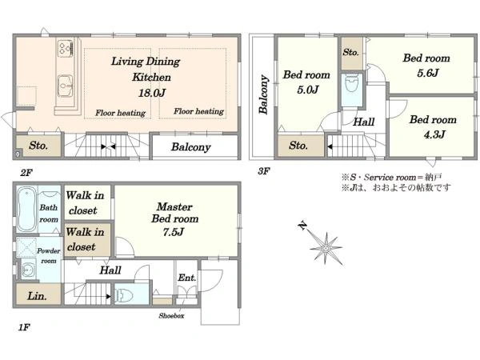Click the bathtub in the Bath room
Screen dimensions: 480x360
pos(27,210)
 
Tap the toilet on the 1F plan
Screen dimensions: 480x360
pos(125,295)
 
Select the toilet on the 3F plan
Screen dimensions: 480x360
pos(351,83)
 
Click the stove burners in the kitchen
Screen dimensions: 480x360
pos(66,48)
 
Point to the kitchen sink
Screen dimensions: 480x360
pos(66,86)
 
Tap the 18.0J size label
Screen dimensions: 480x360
pos(152,93)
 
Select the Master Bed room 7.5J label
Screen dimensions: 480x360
pos(174,219)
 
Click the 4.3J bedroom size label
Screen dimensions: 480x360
pos(434,134)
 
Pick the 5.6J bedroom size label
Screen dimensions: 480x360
pos(428,73)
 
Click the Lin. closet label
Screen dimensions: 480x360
pos(37,296)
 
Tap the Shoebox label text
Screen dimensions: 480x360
pos(171,316)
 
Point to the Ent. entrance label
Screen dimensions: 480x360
pos(186,278)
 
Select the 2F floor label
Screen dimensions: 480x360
pos(26,173)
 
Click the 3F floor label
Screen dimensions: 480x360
pos(263,171)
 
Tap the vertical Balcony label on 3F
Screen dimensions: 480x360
pos(263,94)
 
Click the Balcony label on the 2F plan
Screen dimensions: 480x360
pos(190,147)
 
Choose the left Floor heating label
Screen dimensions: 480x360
pos(120,113)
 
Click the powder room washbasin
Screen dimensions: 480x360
pos(28,270)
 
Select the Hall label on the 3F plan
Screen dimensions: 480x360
pos(364,122)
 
